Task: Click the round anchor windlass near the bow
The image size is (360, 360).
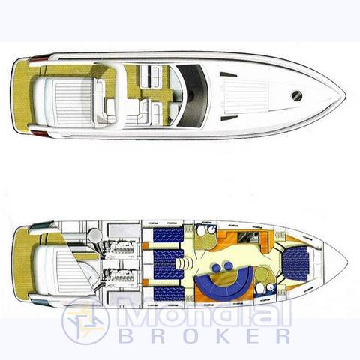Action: tap(297, 95)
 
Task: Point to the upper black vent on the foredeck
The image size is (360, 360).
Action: tap(229, 74)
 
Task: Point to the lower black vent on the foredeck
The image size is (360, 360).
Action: tap(229, 118)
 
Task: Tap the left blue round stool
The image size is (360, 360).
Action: tap(217, 268)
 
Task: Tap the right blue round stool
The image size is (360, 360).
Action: tap(228, 265)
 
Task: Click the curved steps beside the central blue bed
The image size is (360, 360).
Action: tap(184, 263)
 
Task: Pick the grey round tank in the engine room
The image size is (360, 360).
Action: tap(95, 235)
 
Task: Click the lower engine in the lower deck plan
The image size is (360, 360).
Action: tap(120, 277)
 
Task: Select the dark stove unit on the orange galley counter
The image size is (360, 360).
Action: tap(248, 237)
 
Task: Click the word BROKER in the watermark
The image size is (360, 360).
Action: tap(205, 336)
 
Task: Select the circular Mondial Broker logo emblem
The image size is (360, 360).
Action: tap(85, 321)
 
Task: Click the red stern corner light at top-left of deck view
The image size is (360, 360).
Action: tap(40, 59)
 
